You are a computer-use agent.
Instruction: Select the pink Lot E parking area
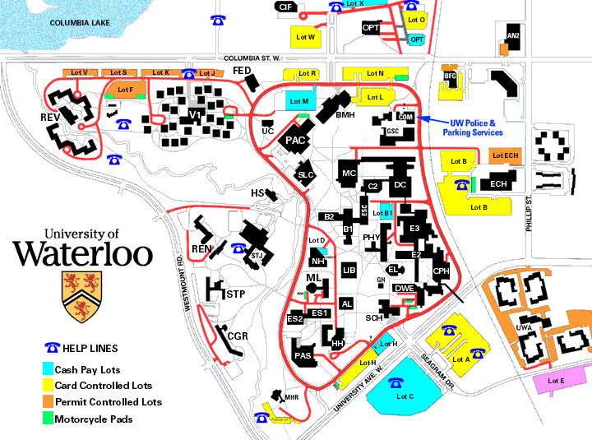click(556, 381)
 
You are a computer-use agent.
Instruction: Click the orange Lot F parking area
click(125, 90)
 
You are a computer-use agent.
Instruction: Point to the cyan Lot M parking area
click(298, 101)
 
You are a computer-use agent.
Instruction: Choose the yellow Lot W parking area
click(305, 37)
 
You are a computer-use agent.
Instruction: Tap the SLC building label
click(306, 174)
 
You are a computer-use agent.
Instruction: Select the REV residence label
click(50, 118)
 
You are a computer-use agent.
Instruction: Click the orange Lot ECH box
click(506, 155)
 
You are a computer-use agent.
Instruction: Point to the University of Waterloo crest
click(81, 297)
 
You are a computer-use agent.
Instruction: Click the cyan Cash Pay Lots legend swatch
click(49, 369)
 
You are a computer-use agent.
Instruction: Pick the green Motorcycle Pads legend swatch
click(49, 419)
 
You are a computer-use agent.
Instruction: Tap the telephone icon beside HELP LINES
click(53, 348)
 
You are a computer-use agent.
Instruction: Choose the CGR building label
click(238, 336)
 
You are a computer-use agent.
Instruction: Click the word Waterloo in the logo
click(82, 252)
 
